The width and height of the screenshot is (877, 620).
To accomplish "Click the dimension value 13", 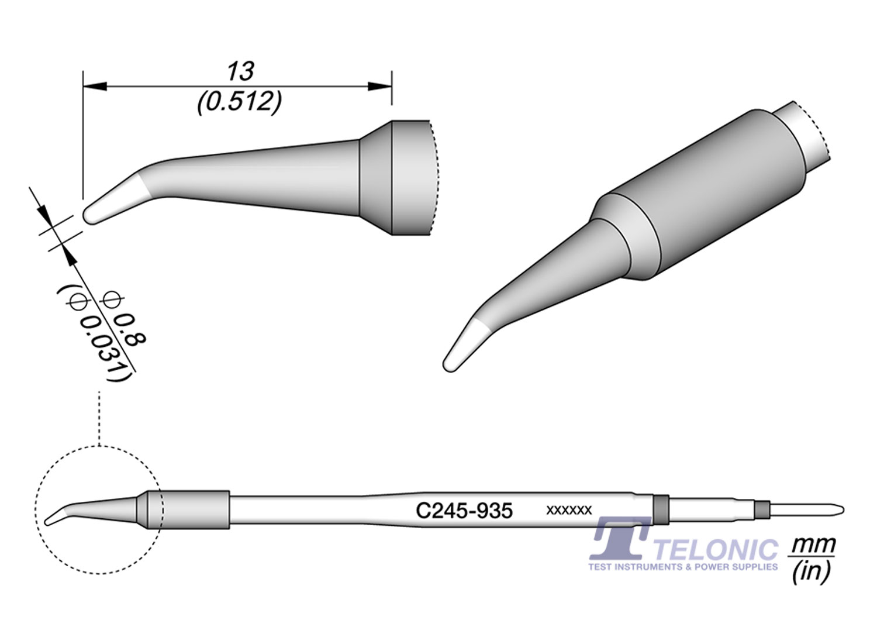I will (x=240, y=71).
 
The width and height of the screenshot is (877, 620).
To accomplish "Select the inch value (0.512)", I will (x=240, y=103).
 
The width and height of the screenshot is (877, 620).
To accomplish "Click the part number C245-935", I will (x=464, y=511).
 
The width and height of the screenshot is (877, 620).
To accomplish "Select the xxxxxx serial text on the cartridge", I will (x=568, y=510).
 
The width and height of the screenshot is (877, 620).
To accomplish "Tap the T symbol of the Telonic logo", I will (x=619, y=539).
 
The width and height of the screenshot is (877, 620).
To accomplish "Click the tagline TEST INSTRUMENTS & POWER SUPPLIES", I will (x=683, y=567).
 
